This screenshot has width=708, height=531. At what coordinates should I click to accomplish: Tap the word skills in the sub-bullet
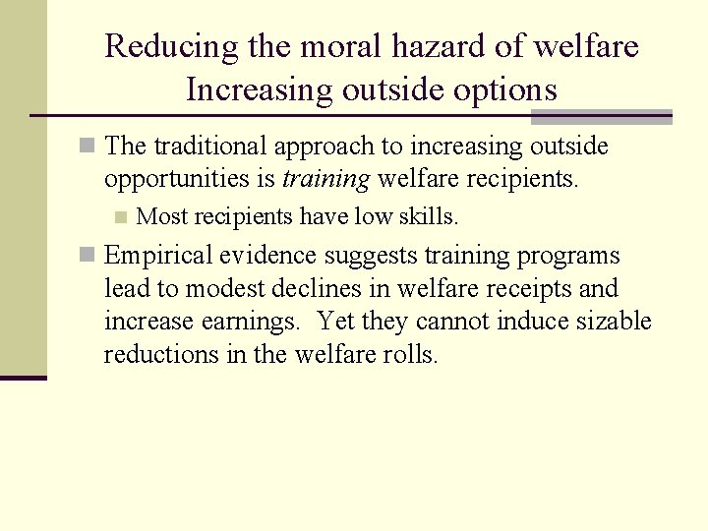[x=426, y=216]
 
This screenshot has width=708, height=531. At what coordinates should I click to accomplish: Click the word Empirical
[x=158, y=256]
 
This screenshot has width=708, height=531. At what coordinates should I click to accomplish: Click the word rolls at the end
[x=408, y=355]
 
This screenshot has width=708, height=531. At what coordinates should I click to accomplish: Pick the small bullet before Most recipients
[x=121, y=216]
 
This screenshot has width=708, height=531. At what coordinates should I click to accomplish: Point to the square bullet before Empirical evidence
[x=88, y=256]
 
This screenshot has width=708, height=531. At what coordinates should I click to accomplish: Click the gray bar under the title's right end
[x=601, y=116]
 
